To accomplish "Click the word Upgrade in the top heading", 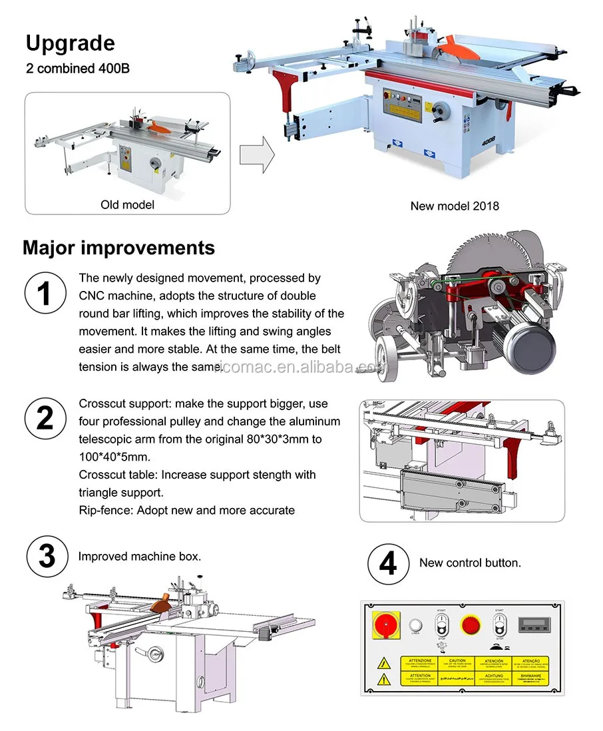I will (70, 43).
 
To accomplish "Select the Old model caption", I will (127, 204).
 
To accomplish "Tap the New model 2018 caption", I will (454, 206).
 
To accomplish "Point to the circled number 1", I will (45, 294).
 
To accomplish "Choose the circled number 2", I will (45, 418).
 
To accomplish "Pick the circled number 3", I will (47, 556).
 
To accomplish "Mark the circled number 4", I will (387, 563).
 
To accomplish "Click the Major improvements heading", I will (118, 248).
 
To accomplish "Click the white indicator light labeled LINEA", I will (417, 625).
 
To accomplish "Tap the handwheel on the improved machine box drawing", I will (156, 653).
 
